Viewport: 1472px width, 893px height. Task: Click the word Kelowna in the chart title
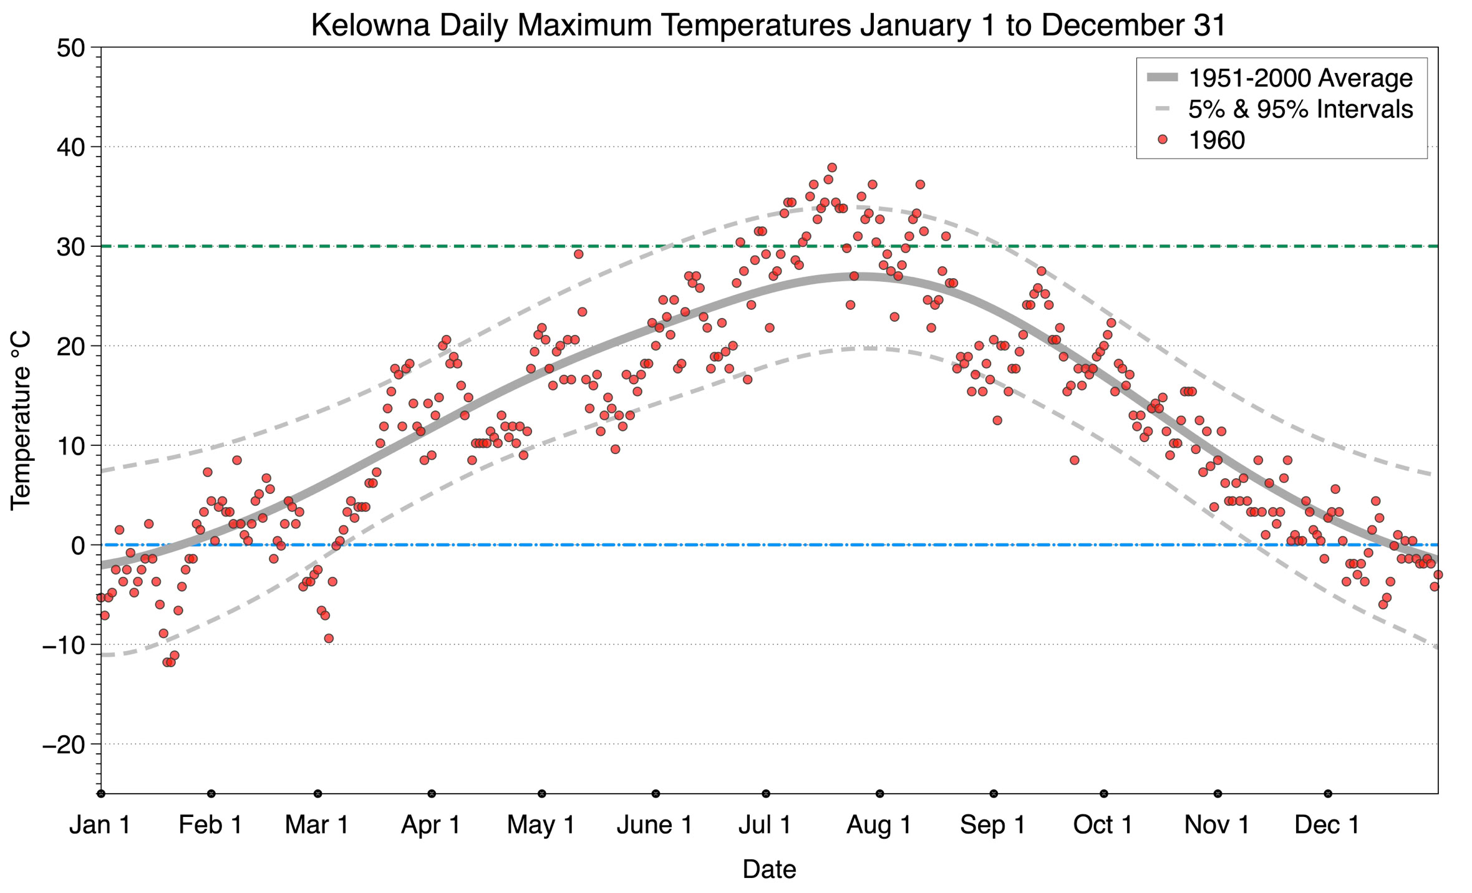370,26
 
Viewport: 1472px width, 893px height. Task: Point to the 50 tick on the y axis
70,48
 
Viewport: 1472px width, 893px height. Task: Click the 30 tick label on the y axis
70,247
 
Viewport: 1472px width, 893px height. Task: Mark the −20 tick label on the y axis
63,745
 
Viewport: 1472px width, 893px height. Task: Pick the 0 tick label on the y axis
78,546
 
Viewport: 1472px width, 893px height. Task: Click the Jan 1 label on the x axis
100,825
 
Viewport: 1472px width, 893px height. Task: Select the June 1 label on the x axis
654,825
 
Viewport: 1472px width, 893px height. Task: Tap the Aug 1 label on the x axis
879,825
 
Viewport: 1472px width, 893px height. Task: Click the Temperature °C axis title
21,421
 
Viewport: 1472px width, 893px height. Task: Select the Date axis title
769,869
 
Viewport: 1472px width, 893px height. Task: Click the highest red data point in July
831,168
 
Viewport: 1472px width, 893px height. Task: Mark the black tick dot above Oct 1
1104,794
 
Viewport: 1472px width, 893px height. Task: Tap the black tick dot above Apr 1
432,794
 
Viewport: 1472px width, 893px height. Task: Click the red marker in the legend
1162,140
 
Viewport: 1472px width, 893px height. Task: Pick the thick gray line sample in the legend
1162,78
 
